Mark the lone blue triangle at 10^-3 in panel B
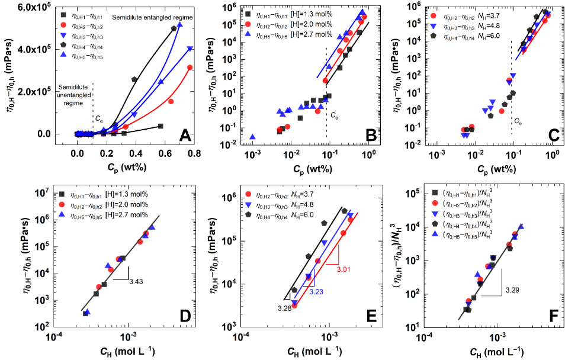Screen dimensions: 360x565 pyautogui.click(x=253, y=137)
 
